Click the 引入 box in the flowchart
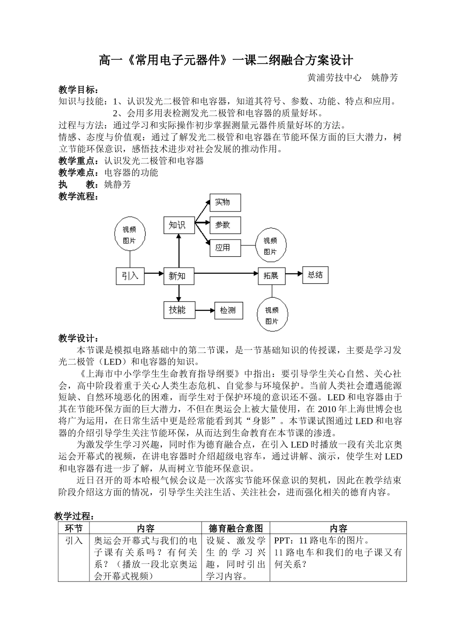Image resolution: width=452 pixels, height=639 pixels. pos(130,276)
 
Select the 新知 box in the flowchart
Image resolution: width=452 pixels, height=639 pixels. pos(179,276)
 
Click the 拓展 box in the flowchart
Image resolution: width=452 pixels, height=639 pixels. pos(272,276)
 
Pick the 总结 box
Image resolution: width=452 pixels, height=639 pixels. pos(315,275)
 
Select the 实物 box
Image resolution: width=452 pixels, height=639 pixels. pos(225,203)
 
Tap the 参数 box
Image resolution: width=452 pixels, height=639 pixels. pos(225,225)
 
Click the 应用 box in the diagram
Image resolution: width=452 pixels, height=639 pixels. pos(225,248)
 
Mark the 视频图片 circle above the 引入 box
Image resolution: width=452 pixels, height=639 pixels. pos(129,235)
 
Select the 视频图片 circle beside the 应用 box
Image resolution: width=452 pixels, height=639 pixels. pos(270,246)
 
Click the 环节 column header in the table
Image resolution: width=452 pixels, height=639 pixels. pos(74,528)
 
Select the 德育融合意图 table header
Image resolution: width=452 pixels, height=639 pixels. pos(236,528)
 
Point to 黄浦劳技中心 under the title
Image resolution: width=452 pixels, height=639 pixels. pos(334,77)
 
